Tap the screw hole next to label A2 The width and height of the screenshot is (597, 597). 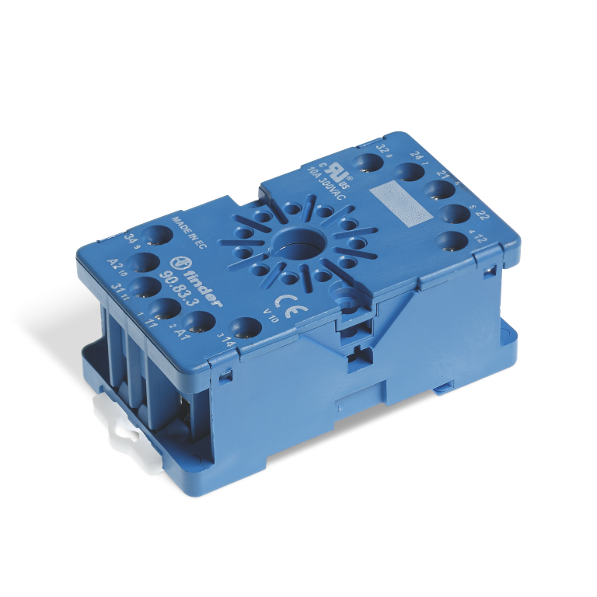click(145, 262)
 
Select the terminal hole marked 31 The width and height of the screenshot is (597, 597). click(145, 288)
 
